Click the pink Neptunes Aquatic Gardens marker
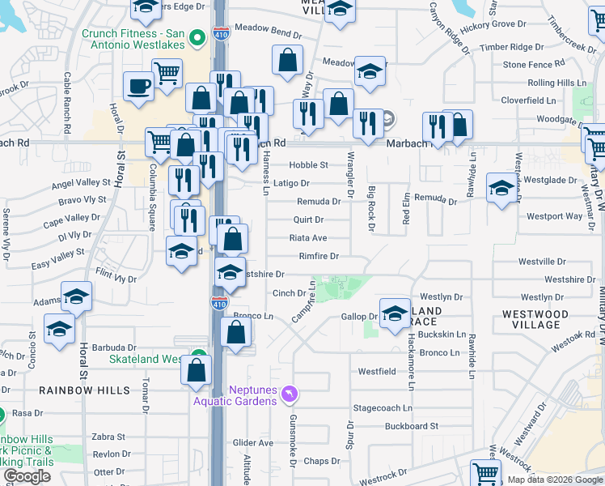[x=290, y=394]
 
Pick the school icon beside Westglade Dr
[x=501, y=188]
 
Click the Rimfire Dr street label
[x=318, y=256]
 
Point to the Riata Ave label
[x=308, y=238]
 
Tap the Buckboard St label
[x=411, y=425]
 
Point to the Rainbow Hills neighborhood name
[x=84, y=390]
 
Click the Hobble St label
[x=310, y=164]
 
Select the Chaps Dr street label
[x=320, y=461]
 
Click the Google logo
[x=27, y=475]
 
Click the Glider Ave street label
[x=253, y=443]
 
